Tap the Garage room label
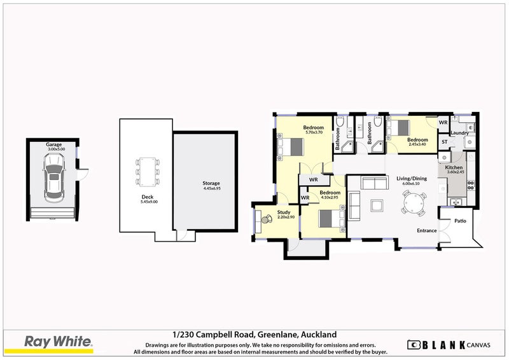(53, 144)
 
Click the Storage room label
(211, 184)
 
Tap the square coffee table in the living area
(375, 205)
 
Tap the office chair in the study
(264, 220)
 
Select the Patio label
(461, 221)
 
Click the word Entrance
(426, 230)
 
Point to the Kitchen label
(454, 167)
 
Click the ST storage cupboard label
(444, 141)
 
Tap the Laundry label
(459, 133)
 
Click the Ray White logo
(58, 342)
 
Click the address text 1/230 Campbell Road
(214, 334)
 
